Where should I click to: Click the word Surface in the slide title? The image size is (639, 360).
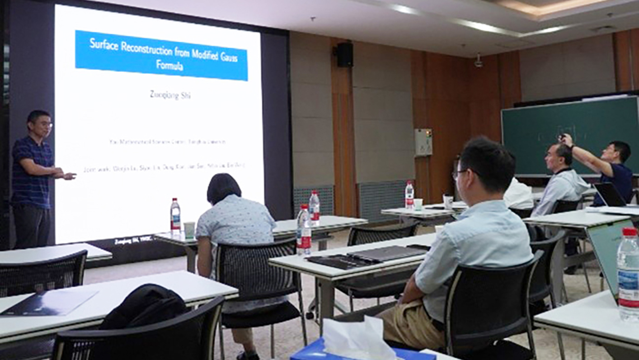click(x=104, y=44)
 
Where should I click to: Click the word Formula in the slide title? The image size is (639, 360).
click(x=169, y=66)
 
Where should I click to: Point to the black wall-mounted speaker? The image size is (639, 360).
click(x=344, y=55)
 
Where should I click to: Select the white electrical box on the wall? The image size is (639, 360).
click(x=423, y=142)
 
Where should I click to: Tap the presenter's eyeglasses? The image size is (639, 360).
click(x=46, y=124)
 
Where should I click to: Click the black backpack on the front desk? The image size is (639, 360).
click(x=144, y=308)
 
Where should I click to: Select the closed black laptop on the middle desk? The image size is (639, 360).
click(x=386, y=253)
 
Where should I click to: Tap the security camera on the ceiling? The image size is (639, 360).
click(x=478, y=61)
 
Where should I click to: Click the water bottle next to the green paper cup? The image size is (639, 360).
click(x=175, y=216)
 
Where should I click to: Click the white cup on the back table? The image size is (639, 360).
click(x=448, y=201)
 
